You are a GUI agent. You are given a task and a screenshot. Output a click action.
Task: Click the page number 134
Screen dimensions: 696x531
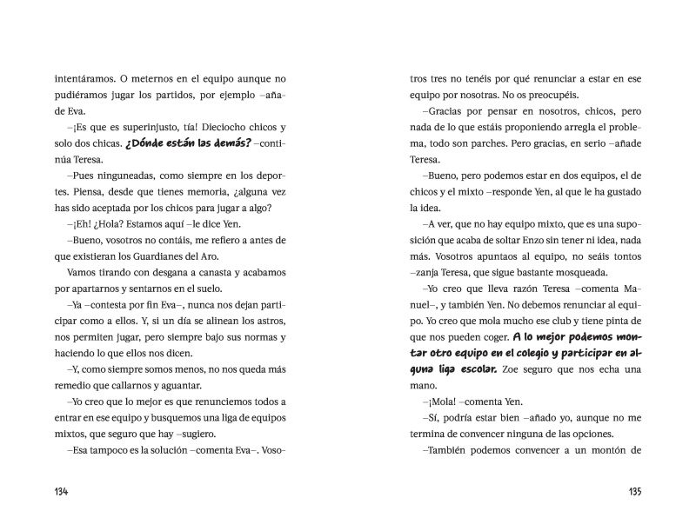(62, 491)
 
